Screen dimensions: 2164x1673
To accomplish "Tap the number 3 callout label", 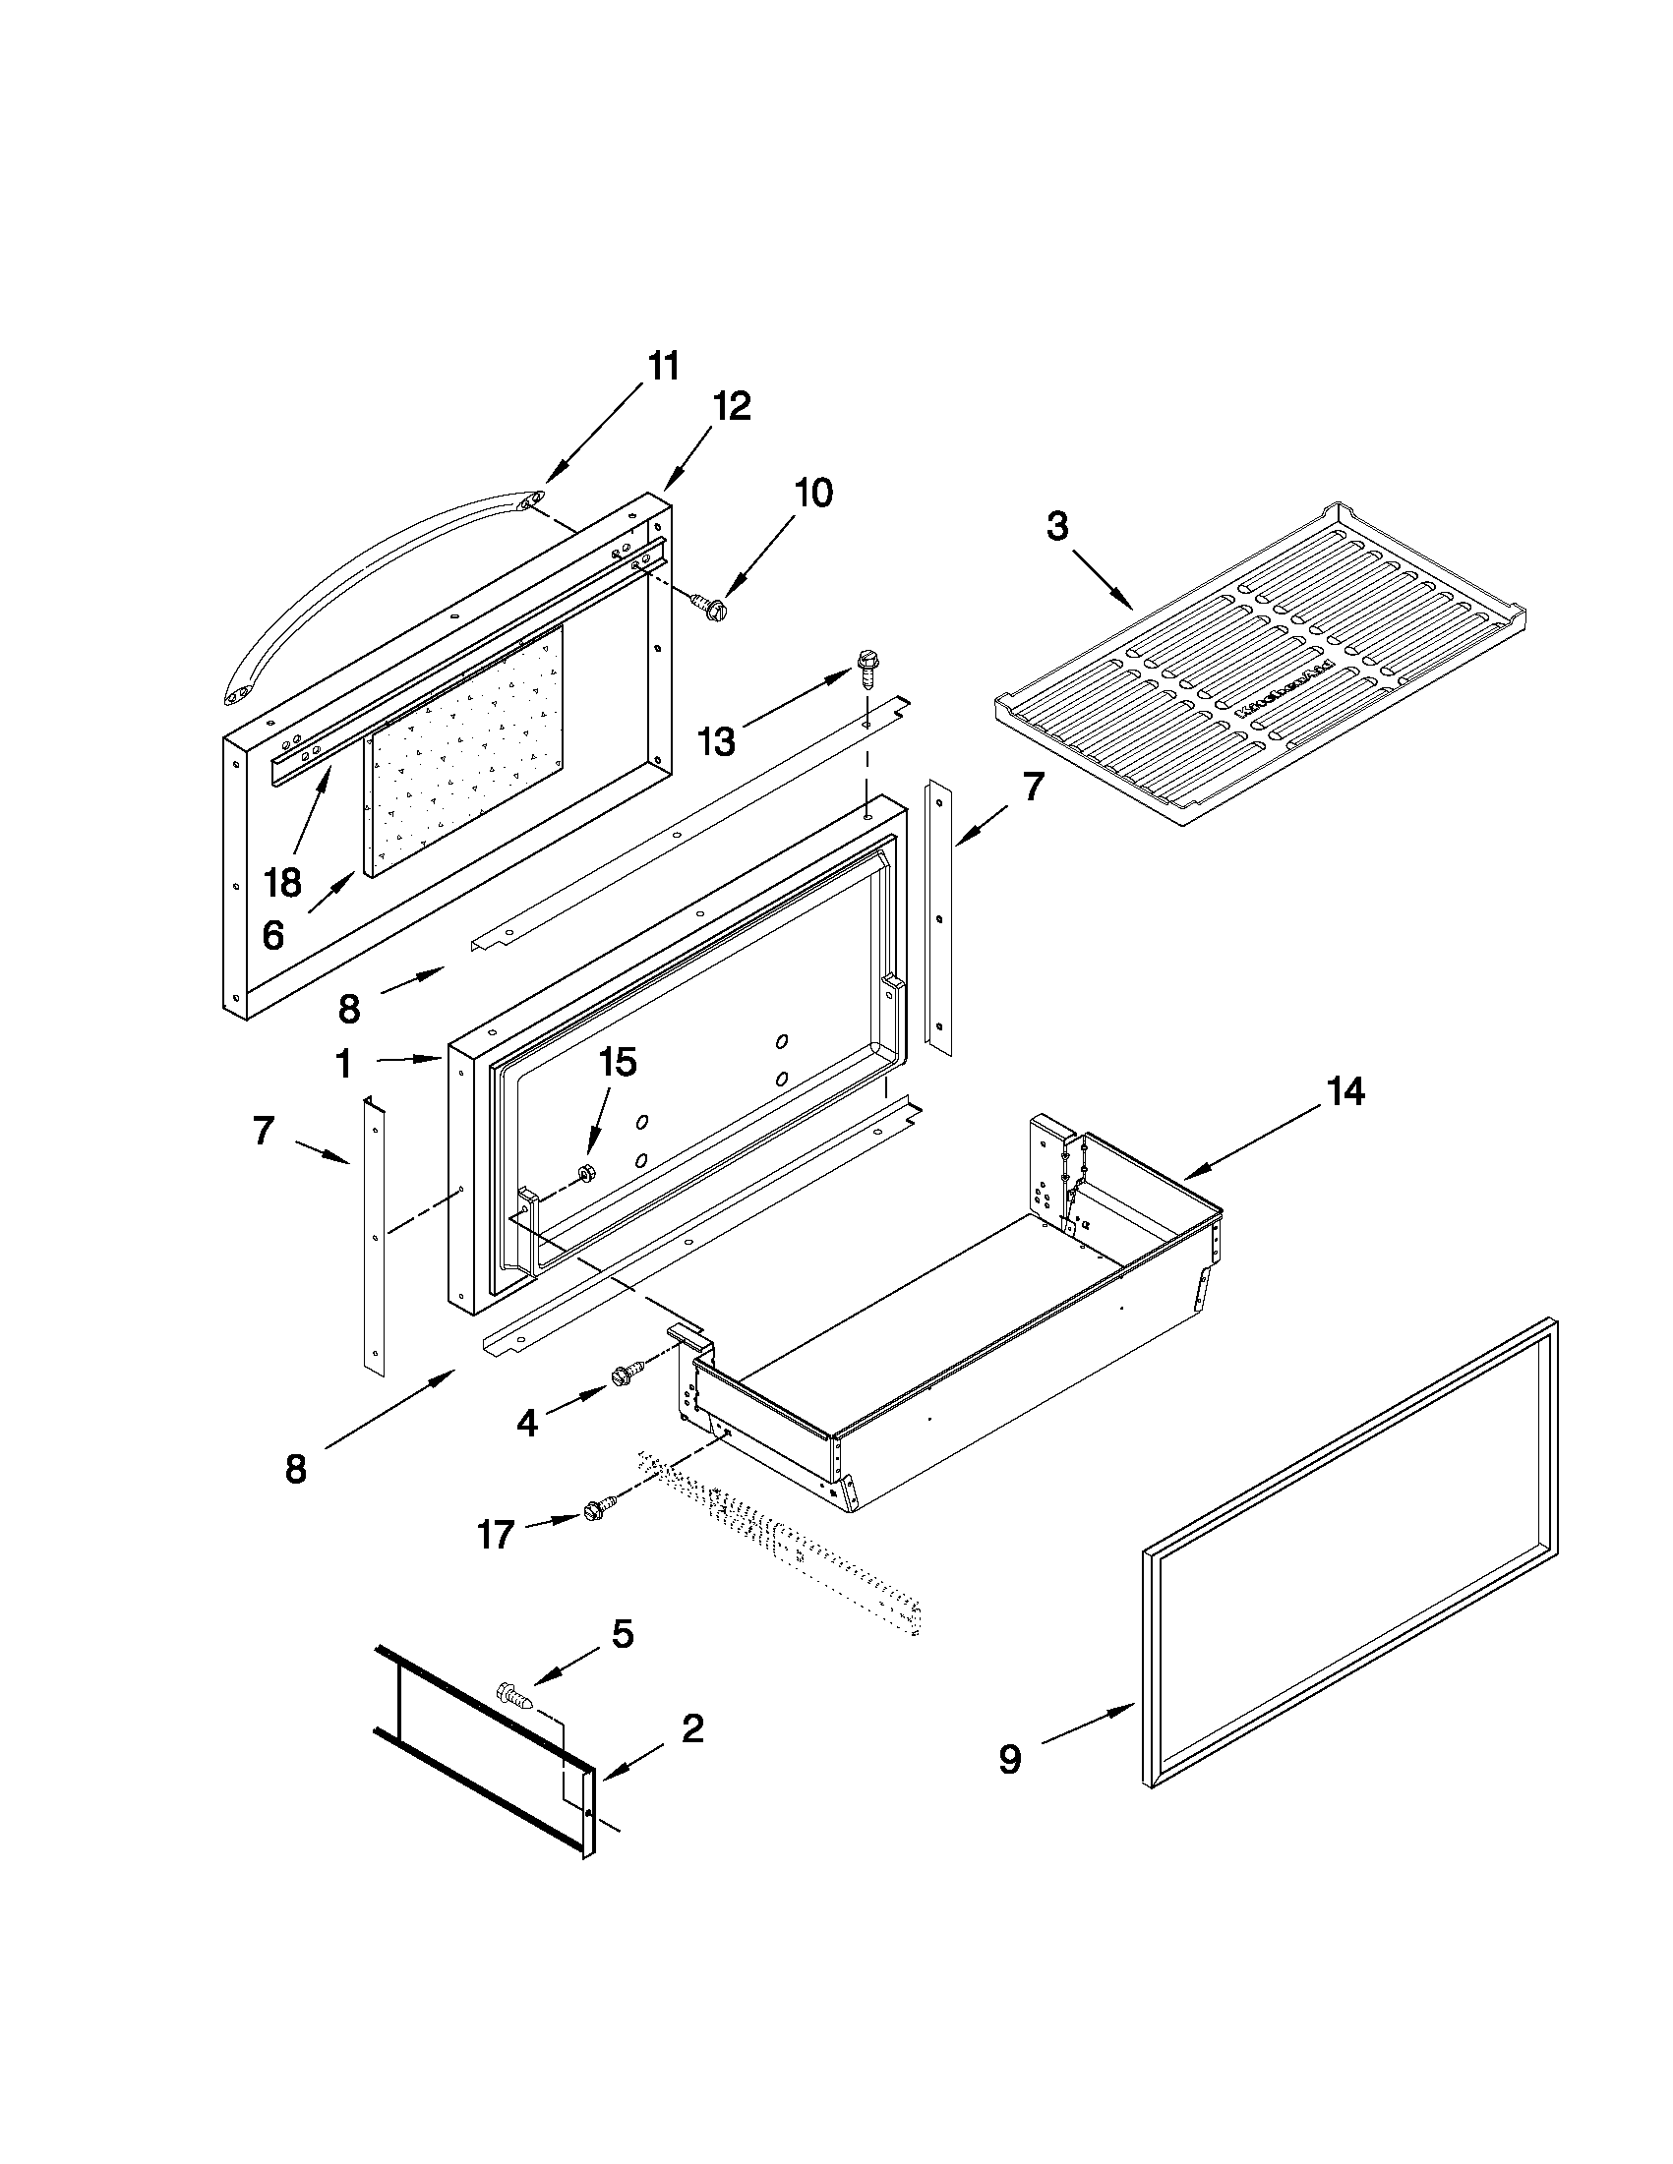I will click(x=1057, y=526).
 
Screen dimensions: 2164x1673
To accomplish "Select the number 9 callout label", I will click(x=1008, y=1759).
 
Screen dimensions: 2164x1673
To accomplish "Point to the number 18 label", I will click(x=282, y=881).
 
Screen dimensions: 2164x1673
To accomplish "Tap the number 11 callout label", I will click(x=664, y=366).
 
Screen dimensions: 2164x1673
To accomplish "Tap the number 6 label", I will click(x=273, y=934).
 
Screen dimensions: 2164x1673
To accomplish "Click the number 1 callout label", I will click(x=343, y=1065).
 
